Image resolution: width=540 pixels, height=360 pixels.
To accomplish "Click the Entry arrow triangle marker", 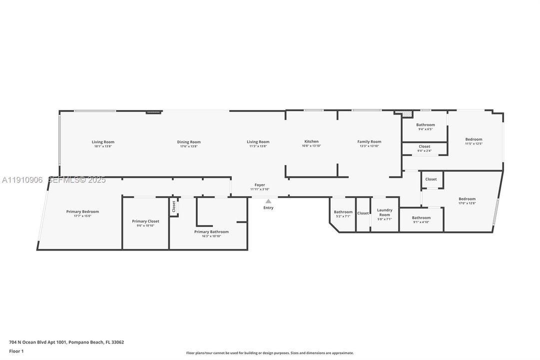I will click(268, 201).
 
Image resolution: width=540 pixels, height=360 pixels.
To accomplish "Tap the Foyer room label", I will click(260, 185).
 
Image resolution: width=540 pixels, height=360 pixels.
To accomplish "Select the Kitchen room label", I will click(311, 141).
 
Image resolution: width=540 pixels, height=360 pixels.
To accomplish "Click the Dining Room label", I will click(189, 142).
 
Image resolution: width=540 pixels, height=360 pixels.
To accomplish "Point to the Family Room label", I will click(369, 141).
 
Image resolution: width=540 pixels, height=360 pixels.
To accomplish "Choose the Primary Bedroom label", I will click(82, 211).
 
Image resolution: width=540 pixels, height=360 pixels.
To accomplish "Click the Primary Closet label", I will click(145, 221).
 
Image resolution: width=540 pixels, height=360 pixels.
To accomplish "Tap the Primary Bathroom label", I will click(211, 231).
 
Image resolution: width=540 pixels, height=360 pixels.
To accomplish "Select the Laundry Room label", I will click(385, 212).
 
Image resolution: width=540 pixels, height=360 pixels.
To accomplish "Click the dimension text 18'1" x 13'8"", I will click(103, 146).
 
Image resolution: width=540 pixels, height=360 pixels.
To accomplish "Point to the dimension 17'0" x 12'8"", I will click(467, 203).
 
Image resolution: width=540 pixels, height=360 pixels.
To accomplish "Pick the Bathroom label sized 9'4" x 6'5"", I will click(425, 125).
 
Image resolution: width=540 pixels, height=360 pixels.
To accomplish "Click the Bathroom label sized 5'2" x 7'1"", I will click(343, 212).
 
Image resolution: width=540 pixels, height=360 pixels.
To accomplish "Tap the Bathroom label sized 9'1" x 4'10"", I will click(421, 217).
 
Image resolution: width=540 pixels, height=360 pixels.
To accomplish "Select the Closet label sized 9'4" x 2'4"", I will click(425, 146).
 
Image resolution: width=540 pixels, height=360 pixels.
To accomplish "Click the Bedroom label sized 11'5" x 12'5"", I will click(474, 139).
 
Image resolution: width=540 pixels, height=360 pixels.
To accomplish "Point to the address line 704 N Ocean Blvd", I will click(66, 342).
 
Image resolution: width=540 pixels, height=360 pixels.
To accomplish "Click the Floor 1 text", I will click(16, 351).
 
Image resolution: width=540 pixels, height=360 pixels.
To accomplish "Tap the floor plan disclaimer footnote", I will click(270, 353).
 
